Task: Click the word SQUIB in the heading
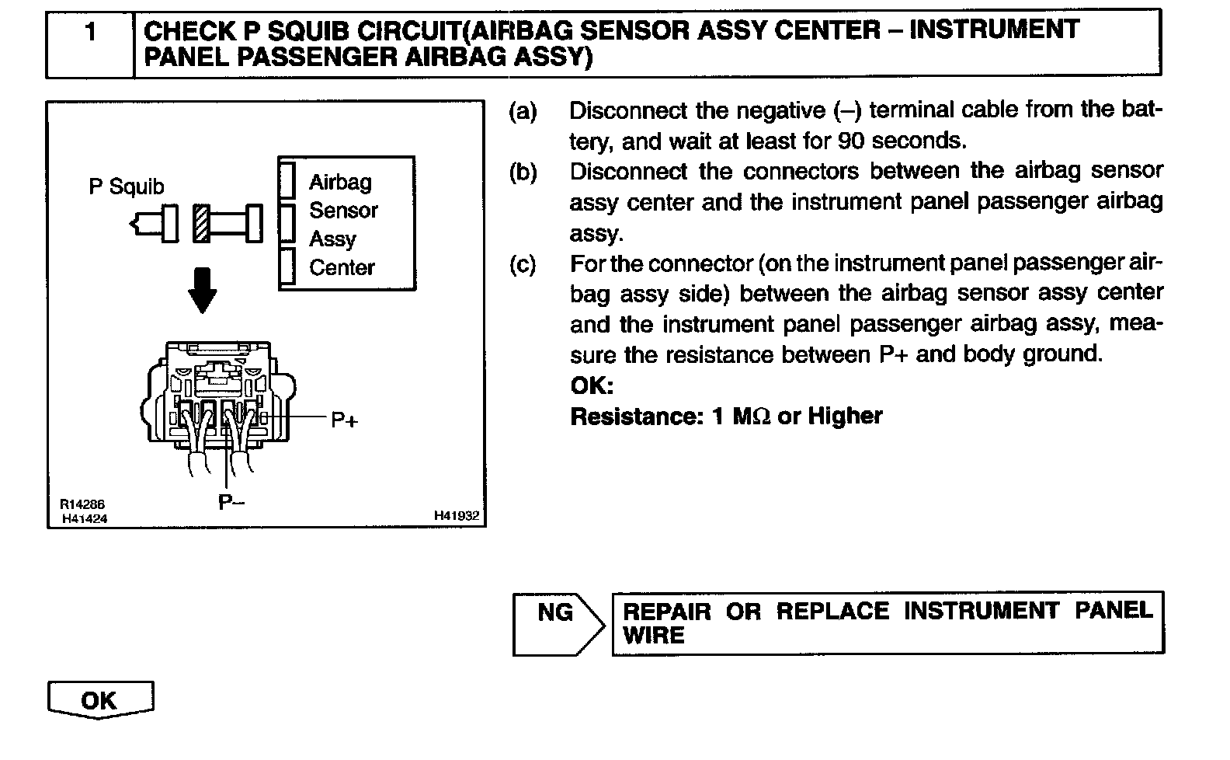297,30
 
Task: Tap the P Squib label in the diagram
127,187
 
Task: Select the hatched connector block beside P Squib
201,224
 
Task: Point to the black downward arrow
203,290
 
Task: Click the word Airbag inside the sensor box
340,183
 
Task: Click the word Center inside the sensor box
342,267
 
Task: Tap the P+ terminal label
344,420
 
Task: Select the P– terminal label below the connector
231,503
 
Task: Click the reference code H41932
457,515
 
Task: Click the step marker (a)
523,111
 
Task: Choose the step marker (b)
523,172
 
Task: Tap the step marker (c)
523,264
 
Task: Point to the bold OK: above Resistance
592,386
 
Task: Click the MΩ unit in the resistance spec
751,417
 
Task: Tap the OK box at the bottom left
100,700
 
